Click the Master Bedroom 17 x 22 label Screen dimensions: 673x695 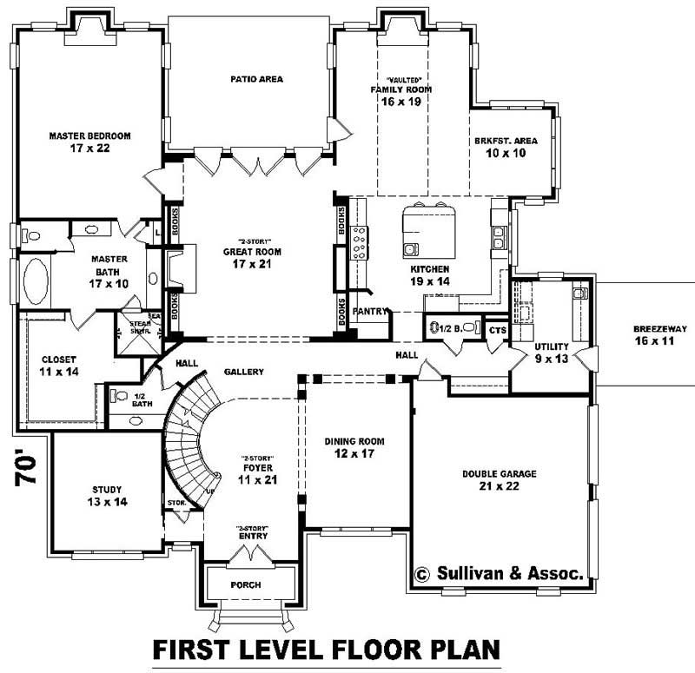89,142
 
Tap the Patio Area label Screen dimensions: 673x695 256,79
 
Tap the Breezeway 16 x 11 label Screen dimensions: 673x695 659,334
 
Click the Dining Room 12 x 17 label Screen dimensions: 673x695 354,447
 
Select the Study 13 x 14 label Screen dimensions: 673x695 107,495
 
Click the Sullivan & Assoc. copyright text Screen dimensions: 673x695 504,573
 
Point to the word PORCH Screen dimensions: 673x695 245,584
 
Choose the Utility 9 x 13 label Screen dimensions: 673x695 551,351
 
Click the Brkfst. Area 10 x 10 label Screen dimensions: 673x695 506,147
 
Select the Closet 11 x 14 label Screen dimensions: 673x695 59,365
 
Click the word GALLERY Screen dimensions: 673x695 243,372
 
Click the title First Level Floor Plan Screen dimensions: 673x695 328,650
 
